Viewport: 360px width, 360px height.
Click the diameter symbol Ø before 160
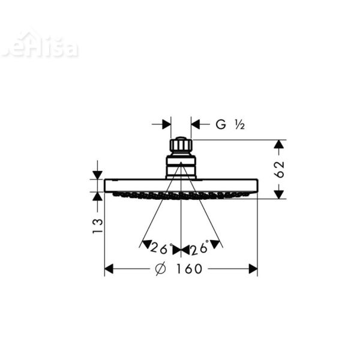pos(160,269)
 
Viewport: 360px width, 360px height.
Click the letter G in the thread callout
pos(221,125)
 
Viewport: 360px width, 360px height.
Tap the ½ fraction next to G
pos(239,125)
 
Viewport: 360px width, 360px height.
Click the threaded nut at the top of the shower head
pos(181,145)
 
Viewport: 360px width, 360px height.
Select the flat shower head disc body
pos(181,185)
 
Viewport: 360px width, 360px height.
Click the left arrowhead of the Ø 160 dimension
pos(109,269)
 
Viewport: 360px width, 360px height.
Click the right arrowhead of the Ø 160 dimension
pos(253,269)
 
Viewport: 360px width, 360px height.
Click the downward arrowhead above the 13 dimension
pos(97,175)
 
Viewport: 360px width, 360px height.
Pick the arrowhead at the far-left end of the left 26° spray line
pos(144,244)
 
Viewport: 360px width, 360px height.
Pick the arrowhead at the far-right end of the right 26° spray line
pos(218,244)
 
